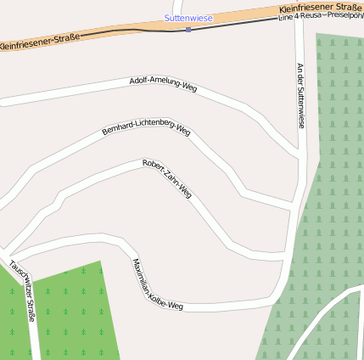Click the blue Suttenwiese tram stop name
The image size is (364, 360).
(x=188, y=17)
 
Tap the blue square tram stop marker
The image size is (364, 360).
(x=188, y=29)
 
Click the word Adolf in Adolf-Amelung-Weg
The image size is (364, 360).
(x=138, y=81)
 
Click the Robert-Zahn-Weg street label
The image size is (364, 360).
(x=167, y=178)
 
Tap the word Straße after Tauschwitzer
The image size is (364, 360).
(x=31, y=310)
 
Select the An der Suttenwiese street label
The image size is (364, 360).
(x=300, y=95)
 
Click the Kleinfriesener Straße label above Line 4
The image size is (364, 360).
(x=320, y=8)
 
